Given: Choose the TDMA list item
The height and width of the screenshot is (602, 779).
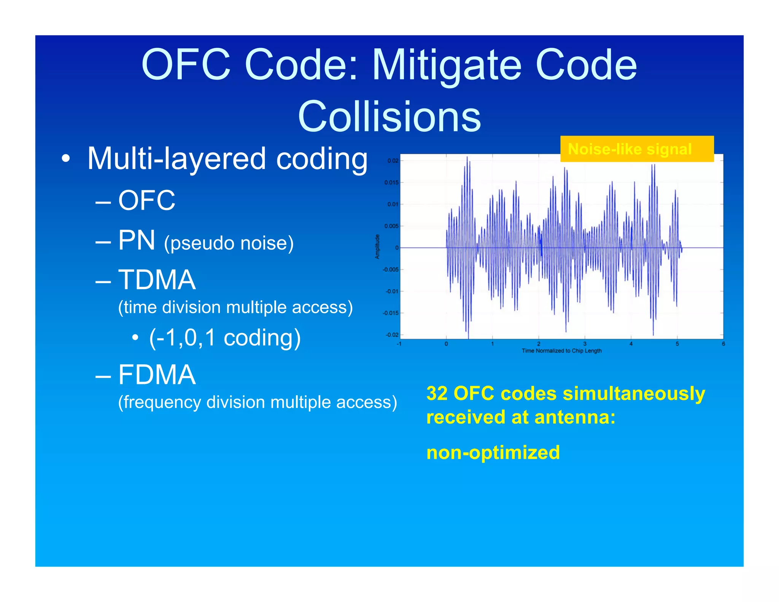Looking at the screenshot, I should tap(157, 280).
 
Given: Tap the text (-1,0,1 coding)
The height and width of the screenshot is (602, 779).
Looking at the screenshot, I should tap(225, 338).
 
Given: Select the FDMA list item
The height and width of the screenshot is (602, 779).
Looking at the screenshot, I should tap(157, 375).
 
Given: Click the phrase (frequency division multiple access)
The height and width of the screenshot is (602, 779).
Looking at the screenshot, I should tap(258, 402).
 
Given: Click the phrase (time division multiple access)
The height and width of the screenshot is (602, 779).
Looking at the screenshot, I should tap(235, 307).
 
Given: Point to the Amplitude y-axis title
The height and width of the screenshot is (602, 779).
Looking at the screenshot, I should tap(377, 247).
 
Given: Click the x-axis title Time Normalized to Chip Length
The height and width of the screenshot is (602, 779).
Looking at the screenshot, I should tap(561, 351).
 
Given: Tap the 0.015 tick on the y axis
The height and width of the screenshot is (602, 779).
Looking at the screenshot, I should tap(391, 183).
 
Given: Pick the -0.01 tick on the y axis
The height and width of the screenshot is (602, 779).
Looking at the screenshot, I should tap(391, 291).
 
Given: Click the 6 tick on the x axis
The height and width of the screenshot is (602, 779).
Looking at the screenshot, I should tap(723, 344).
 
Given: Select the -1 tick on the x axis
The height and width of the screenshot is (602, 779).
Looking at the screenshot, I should tap(399, 344).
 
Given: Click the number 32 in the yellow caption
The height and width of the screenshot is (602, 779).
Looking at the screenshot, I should tap(436, 393).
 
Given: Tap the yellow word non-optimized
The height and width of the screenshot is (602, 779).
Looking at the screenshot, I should tap(493, 453).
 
